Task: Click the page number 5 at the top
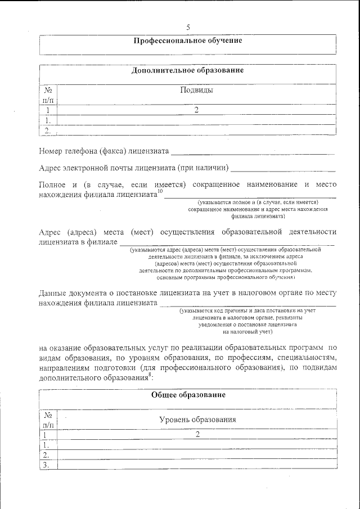[188, 28]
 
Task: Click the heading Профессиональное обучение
[188, 40]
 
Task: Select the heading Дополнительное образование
[188, 71]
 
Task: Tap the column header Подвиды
[196, 90]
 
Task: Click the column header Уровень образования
[197, 420]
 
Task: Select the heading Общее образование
[188, 395]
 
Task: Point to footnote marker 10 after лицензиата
[160, 192]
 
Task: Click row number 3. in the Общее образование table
[47, 465]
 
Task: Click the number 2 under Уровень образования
[197, 434]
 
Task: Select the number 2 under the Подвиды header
[196, 110]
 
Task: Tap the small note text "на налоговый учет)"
[247, 332]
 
